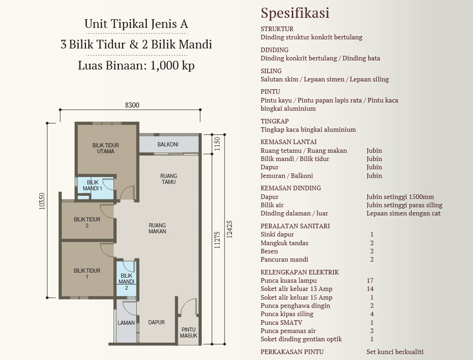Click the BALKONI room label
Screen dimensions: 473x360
[168, 144]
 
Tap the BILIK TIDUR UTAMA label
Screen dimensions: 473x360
[106, 148]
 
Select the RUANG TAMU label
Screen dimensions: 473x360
[168, 179]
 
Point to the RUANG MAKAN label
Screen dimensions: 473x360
[157, 228]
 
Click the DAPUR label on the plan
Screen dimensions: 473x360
[156, 322]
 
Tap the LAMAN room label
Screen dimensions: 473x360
[126, 322]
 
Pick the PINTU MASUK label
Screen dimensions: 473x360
[188, 333]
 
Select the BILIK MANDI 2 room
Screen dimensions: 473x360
[126, 279]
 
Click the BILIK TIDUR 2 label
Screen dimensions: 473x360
[87, 222]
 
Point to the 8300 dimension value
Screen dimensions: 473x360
[132, 105]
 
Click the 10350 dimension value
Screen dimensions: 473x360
[42, 201]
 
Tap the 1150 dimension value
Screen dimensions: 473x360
[217, 144]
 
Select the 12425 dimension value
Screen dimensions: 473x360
[229, 230]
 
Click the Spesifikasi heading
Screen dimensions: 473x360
[295, 13]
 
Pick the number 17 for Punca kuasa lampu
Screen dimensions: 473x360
[370, 280]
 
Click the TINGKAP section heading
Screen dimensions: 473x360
[274, 121]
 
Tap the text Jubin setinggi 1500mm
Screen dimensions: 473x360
[400, 197]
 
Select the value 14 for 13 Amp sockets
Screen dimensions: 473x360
[370, 289]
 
